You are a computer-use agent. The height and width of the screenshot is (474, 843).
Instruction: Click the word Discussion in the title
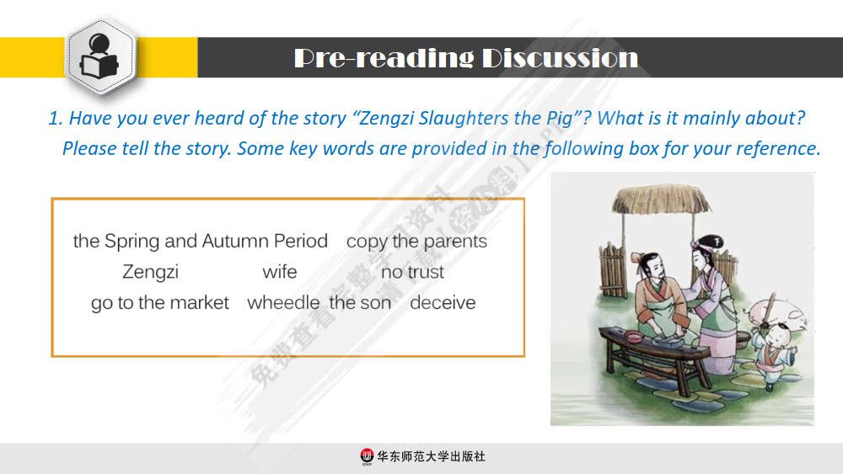[560, 58]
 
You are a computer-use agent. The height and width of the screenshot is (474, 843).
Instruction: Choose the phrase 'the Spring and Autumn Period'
[200, 242]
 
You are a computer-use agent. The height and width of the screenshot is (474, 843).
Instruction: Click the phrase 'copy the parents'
[416, 242]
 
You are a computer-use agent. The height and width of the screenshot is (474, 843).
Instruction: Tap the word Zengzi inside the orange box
[150, 273]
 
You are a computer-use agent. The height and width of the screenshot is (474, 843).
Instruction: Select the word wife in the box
[279, 273]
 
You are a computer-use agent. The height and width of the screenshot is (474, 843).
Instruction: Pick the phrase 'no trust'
[412, 273]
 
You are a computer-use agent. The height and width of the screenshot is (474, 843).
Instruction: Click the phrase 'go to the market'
[160, 303]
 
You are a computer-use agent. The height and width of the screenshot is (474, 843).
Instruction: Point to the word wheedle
[283, 303]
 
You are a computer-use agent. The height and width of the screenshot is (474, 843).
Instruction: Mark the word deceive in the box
[443, 303]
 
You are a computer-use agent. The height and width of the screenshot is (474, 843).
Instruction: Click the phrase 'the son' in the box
[360, 303]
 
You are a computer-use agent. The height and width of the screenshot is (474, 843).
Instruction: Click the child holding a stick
[771, 345]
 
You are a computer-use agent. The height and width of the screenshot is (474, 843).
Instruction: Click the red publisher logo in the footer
[366, 456]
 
